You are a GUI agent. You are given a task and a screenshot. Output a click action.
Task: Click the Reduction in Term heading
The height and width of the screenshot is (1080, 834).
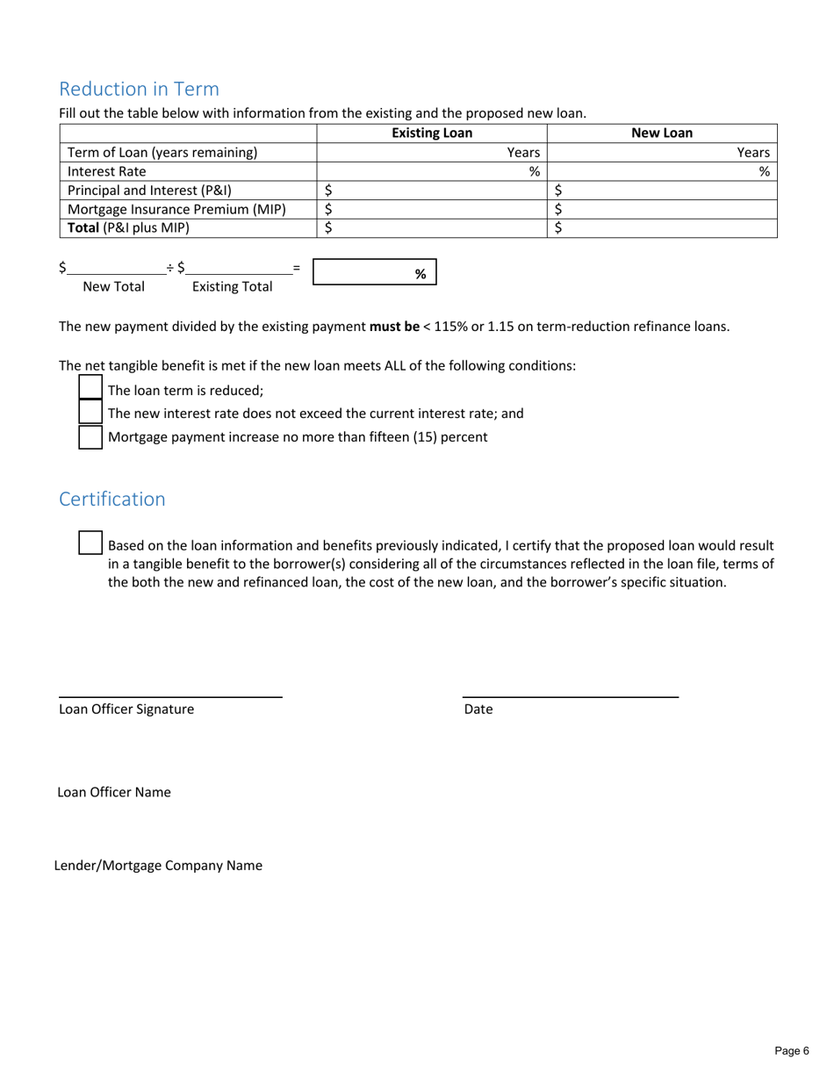139,89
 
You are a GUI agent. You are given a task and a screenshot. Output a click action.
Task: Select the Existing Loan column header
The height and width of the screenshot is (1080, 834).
431,133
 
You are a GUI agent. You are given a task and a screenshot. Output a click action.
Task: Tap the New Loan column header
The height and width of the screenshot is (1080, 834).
662,133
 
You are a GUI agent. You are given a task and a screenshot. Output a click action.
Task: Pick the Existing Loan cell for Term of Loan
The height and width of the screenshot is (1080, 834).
431,152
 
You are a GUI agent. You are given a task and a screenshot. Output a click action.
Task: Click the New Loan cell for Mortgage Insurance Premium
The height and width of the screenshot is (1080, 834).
662,209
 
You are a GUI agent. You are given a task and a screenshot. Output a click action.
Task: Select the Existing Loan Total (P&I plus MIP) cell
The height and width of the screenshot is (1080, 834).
431,228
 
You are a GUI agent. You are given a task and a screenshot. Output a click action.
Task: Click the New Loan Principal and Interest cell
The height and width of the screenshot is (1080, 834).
662,190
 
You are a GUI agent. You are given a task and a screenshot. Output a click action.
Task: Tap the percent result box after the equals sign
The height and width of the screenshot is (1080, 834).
374,273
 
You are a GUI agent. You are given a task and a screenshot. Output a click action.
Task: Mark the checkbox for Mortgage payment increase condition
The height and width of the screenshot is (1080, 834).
90,436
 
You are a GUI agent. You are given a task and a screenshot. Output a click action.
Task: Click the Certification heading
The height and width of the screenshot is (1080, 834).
111,499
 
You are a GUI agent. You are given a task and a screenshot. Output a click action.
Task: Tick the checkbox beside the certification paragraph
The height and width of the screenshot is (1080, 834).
90,542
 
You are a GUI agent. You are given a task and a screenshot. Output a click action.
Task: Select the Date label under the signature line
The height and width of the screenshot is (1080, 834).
478,709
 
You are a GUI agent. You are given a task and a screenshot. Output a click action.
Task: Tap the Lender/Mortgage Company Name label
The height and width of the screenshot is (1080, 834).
158,865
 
